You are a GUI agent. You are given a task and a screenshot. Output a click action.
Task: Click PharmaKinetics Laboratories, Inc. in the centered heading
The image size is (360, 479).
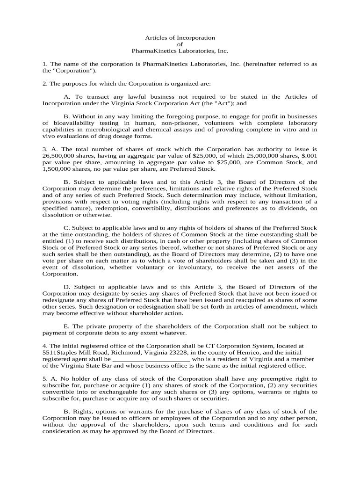(x=180, y=51)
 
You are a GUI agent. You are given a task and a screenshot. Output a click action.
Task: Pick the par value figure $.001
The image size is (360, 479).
(x=309, y=156)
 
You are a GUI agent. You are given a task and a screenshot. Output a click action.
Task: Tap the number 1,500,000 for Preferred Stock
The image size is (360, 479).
(x=58, y=169)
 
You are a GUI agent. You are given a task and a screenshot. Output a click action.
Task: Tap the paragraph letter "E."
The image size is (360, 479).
(x=66, y=326)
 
